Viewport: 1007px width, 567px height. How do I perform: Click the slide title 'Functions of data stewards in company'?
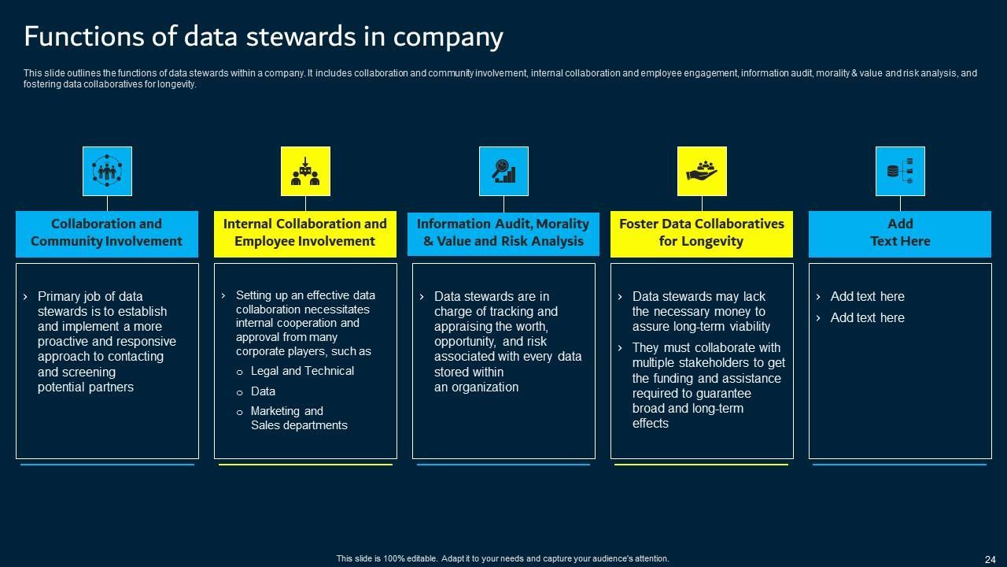click(x=264, y=36)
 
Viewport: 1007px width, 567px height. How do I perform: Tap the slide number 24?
click(x=990, y=559)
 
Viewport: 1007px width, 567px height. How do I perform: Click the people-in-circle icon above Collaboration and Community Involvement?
click(x=107, y=171)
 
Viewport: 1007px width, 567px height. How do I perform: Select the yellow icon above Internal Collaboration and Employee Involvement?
click(x=305, y=171)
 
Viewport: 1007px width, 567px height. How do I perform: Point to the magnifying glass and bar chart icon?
click(x=503, y=171)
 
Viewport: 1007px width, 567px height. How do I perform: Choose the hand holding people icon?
click(x=702, y=171)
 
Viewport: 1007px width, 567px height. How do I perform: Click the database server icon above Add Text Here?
click(x=900, y=171)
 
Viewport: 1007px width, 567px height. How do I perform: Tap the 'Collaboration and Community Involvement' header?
click(x=107, y=233)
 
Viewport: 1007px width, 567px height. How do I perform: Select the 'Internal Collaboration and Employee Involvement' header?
click(x=305, y=233)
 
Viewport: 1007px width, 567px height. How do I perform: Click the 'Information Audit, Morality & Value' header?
click(x=503, y=233)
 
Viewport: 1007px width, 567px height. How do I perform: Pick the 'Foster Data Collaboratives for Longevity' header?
click(x=702, y=233)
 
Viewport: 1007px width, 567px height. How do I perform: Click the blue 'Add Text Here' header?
click(x=900, y=233)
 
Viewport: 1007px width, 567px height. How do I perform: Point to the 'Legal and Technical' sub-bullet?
click(x=302, y=371)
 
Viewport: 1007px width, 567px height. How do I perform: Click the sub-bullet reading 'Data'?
click(x=263, y=391)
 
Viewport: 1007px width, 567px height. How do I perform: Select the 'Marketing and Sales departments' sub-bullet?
click(x=298, y=418)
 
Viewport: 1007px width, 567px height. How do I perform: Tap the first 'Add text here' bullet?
click(x=867, y=297)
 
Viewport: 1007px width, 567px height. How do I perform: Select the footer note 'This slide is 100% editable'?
click(x=503, y=558)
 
